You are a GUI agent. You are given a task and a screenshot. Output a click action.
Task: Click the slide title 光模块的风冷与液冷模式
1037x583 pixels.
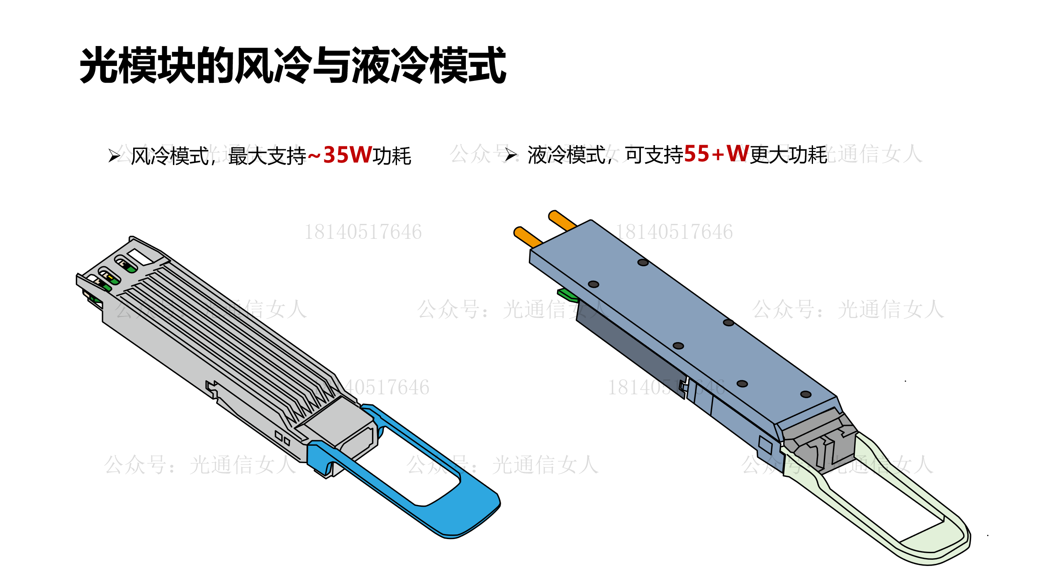(x=293, y=65)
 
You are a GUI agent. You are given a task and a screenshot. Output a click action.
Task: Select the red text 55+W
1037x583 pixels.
(x=716, y=154)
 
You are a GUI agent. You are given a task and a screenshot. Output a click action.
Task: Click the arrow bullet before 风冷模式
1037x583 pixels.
(x=114, y=156)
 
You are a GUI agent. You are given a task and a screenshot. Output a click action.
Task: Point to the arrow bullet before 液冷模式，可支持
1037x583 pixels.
(x=511, y=155)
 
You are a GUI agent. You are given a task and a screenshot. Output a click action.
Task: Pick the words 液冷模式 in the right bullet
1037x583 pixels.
(x=566, y=155)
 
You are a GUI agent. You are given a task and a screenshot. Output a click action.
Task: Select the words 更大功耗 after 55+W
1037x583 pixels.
(x=789, y=155)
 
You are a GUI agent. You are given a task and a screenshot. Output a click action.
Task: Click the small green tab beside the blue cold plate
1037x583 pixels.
(x=567, y=294)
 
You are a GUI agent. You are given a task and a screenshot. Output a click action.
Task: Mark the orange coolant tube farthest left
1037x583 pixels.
(x=528, y=238)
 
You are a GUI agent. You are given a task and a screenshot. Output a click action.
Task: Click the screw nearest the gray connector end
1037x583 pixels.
(x=806, y=394)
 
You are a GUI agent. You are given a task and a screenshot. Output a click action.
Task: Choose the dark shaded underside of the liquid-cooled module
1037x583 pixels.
(x=630, y=348)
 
